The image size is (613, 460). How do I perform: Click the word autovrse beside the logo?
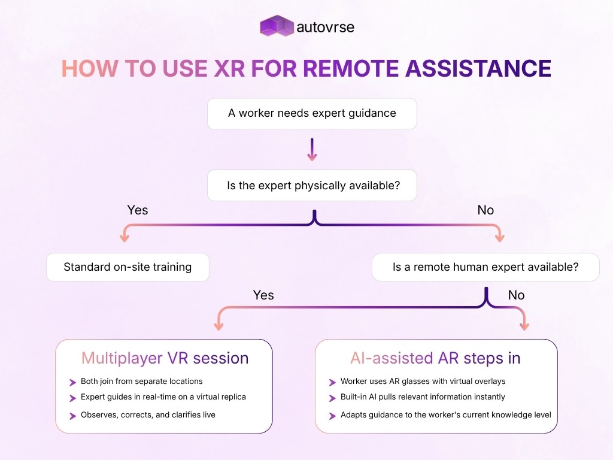click(x=325, y=27)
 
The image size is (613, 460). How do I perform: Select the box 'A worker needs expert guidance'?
click(x=312, y=113)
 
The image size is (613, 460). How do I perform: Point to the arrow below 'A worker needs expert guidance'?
click(x=312, y=150)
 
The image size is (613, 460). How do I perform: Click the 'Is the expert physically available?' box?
click(x=312, y=186)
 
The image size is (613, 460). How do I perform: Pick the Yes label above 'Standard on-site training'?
click(x=138, y=210)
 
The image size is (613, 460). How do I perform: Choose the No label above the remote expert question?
click(x=485, y=210)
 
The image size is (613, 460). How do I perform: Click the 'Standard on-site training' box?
click(x=128, y=267)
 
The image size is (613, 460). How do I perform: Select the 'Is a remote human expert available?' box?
click(x=485, y=267)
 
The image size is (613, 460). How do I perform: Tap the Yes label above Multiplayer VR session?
click(x=263, y=295)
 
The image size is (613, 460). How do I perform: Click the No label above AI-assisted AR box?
click(x=516, y=295)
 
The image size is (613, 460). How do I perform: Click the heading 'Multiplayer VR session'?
click(x=165, y=358)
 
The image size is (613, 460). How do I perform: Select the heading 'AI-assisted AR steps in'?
click(x=435, y=358)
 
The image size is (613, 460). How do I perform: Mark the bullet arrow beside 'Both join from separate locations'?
click(x=73, y=382)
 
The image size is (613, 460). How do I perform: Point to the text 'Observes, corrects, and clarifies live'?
click(x=148, y=414)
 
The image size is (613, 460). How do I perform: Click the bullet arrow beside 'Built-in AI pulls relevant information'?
click(x=333, y=398)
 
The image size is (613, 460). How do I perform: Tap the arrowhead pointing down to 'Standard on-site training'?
click(x=125, y=237)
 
